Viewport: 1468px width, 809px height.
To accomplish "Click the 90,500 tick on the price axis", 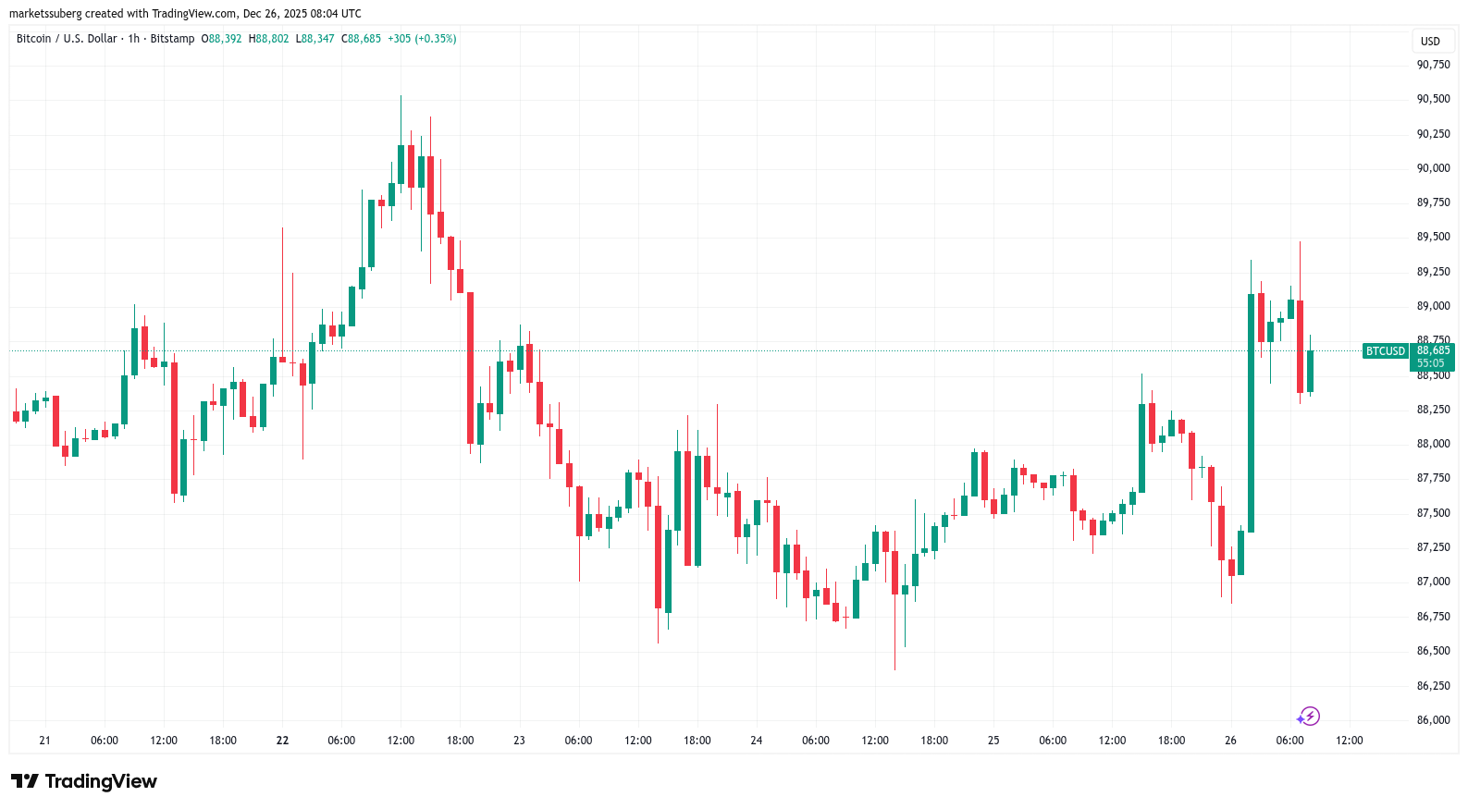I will point(1433,99).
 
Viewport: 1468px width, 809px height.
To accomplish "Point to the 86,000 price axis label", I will point(1433,720).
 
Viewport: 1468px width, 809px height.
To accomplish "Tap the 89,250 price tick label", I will point(1433,272).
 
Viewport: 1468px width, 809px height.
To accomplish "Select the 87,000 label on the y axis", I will point(1433,582).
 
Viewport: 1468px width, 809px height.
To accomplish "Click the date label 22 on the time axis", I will point(282,741).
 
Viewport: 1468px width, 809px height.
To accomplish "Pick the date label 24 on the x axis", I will point(757,741).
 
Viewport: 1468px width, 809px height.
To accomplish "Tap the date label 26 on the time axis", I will point(1230,741).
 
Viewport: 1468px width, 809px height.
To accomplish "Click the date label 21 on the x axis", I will point(45,741).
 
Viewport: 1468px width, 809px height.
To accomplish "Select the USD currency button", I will point(1430,42).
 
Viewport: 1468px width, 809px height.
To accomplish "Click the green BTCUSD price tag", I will point(1385,351).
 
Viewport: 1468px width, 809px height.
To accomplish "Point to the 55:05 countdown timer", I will point(1430,363).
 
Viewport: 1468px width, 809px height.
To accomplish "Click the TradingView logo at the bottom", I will point(84,781).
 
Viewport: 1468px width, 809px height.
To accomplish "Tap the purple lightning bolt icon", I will point(1308,717).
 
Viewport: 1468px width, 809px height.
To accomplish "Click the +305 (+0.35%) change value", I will point(422,39).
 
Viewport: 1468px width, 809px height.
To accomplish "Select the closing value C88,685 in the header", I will point(361,39).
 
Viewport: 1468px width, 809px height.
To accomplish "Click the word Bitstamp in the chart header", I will point(172,39).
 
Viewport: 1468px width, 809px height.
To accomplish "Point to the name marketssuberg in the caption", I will point(45,14).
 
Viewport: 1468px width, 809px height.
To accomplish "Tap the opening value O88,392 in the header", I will point(221,39).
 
